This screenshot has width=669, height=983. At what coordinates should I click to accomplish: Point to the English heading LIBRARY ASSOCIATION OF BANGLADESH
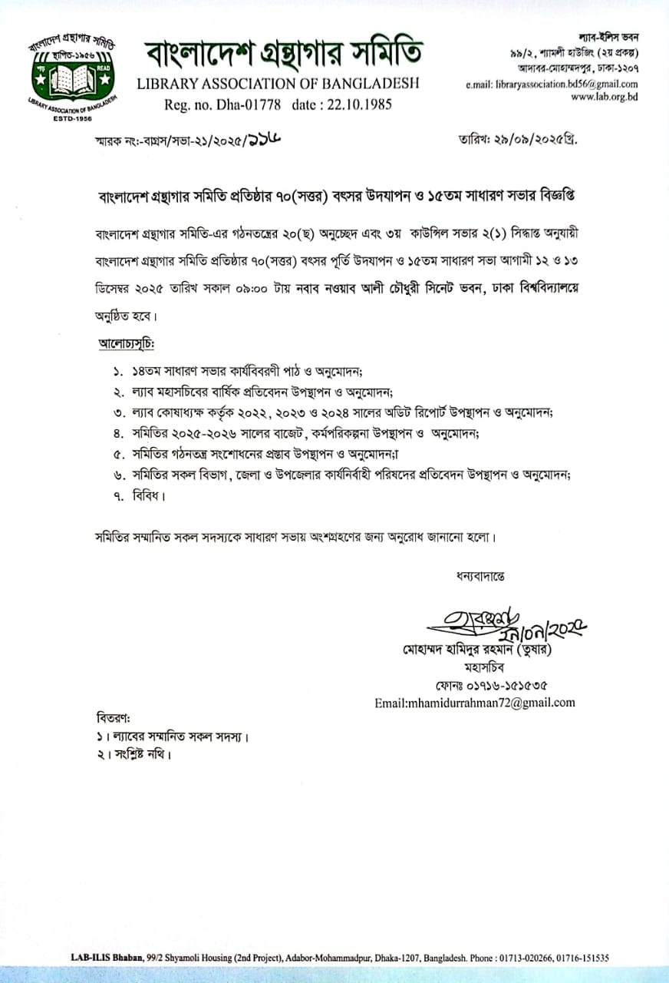coord(277,84)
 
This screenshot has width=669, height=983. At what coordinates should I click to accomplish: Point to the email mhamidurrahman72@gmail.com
coord(474,702)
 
